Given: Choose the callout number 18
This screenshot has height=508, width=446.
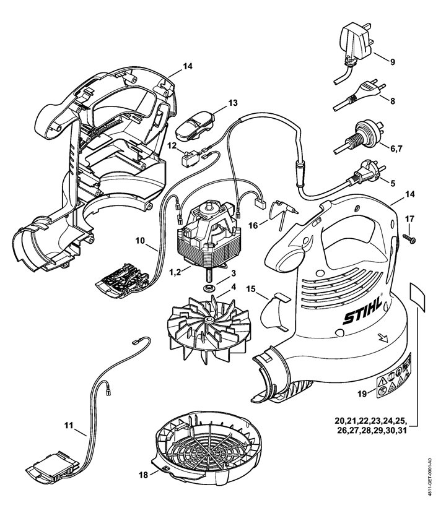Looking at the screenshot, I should click(x=144, y=475).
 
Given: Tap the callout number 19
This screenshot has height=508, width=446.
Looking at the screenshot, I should click(x=363, y=394).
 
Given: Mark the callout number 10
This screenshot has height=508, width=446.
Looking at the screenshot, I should click(x=139, y=239).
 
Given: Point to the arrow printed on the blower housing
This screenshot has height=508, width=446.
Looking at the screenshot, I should click(x=382, y=338).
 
